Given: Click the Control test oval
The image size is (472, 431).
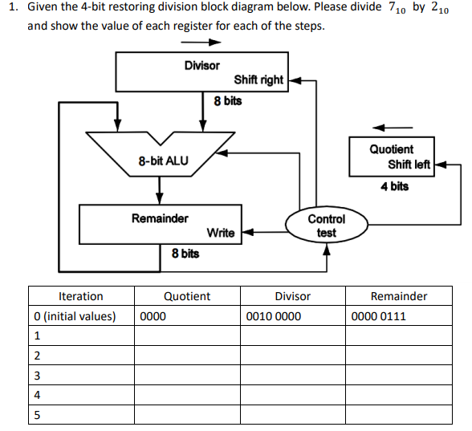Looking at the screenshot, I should click(326, 226).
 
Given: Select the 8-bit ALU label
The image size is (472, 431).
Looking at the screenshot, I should click(163, 161).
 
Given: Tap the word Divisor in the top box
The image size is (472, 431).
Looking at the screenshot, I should click(201, 65).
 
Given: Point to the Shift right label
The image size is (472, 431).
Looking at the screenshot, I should click(258, 79).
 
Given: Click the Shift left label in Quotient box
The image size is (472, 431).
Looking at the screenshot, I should click(409, 165).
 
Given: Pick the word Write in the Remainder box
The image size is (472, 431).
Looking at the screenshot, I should click(221, 233).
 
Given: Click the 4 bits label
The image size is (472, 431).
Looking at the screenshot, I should click(394, 186).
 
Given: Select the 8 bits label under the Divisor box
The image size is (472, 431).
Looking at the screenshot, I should click(227, 101).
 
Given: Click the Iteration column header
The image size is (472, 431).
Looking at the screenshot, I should click(81, 296).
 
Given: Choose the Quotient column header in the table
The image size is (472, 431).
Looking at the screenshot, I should click(187, 296).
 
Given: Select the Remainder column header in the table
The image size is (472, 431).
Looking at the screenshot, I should click(399, 296).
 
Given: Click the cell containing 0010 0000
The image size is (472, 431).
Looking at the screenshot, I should click(274, 316).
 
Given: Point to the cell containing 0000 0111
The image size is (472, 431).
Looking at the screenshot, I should click(379, 316).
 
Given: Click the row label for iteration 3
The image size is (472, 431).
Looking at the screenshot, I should click(37, 375).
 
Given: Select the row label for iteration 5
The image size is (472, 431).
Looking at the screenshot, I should click(37, 414).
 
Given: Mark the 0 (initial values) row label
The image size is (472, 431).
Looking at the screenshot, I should click(75, 316).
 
